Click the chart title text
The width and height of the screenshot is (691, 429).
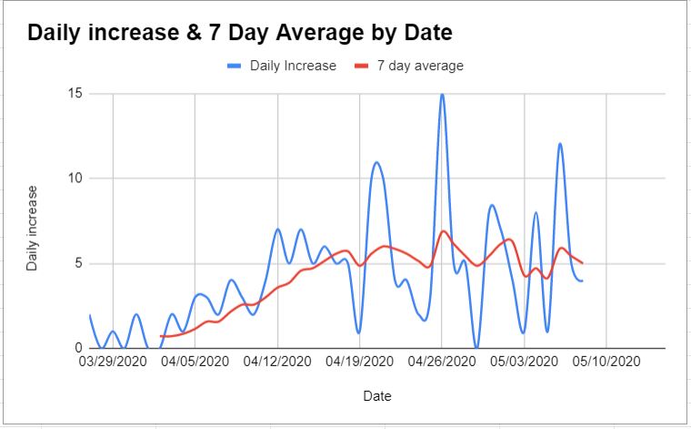[240, 34]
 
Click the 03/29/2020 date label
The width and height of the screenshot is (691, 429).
[113, 362]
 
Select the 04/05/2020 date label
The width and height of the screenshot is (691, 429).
[195, 362]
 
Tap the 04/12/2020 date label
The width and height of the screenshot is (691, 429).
[277, 362]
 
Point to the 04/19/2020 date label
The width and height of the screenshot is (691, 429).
[360, 362]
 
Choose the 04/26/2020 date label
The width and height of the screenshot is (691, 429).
[443, 362]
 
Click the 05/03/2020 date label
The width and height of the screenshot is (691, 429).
[525, 362]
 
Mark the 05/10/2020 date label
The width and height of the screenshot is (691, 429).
[607, 362]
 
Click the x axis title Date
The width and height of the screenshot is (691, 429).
[377, 397]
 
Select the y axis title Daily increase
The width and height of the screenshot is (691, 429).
[33, 228]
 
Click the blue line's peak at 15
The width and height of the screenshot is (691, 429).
[442, 95]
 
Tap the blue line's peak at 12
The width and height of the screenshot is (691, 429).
[560, 144]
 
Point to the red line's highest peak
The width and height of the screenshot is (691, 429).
[444, 231]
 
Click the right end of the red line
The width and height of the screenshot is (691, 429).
[582, 263]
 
